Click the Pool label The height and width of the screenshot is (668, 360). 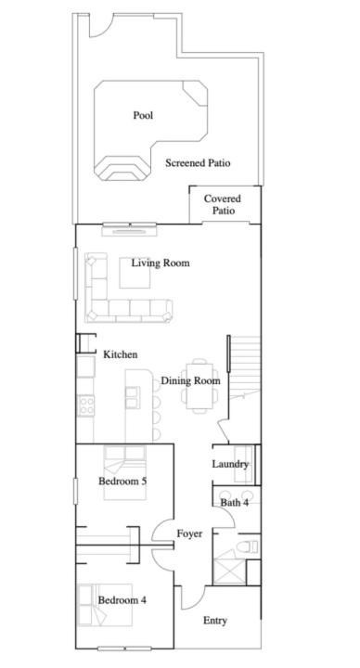click(x=143, y=115)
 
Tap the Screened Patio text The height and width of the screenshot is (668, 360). click(x=198, y=162)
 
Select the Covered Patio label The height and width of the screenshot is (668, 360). click(x=223, y=204)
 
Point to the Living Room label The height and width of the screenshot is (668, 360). click(x=161, y=263)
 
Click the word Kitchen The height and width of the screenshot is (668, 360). click(x=121, y=354)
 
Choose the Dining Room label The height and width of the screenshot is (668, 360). click(x=190, y=381)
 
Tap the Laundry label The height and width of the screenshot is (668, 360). click(x=230, y=464)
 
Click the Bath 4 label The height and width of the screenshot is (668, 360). click(x=235, y=503)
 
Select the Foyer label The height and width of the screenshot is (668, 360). click(x=189, y=533)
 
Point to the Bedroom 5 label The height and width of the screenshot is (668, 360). click(x=122, y=482)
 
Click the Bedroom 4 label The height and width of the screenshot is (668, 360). click(x=122, y=600)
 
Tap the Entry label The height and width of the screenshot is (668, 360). click(x=214, y=621)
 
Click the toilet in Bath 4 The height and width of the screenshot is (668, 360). click(x=249, y=546)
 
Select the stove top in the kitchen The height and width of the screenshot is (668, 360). click(x=86, y=405)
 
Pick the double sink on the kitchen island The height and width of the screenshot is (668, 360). click(x=133, y=397)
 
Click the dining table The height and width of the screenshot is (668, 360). click(x=199, y=386)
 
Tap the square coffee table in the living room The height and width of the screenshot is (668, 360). click(x=135, y=273)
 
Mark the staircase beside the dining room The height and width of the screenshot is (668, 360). click(x=245, y=366)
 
